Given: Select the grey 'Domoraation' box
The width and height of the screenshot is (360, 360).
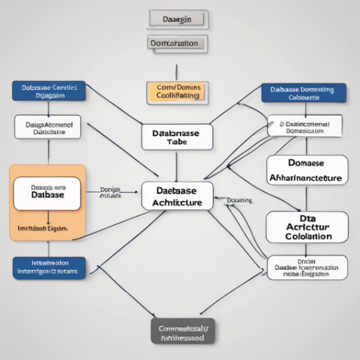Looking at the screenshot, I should (174, 43).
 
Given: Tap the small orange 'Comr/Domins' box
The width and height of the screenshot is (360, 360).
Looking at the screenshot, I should (174, 92).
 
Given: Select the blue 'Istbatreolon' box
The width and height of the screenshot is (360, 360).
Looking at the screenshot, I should (49, 268).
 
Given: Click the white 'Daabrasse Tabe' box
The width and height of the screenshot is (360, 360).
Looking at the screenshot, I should (176, 136).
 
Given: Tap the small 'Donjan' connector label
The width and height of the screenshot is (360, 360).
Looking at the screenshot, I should (110, 191).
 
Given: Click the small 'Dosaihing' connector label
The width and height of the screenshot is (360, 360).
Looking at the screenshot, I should (238, 201).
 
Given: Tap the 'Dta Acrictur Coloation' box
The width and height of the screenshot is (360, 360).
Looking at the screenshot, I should (307, 226).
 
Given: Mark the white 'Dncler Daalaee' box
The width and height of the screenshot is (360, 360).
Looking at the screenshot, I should (307, 268).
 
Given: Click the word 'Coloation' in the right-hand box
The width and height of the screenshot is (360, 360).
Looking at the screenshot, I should (307, 236).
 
